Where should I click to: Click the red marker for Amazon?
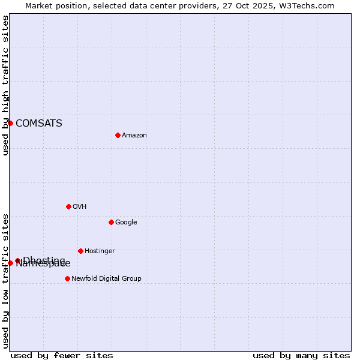click(118, 135)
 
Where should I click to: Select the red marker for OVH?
click(68, 206)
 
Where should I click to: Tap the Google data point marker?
click(111, 222)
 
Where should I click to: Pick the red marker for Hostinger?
click(80, 251)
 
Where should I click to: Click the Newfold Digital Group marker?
click(67, 278)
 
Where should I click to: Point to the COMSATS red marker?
click(10, 123)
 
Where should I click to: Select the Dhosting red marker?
click(17, 260)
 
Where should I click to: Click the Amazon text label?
click(134, 136)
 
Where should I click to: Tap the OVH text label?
click(80, 207)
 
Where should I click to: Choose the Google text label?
click(126, 223)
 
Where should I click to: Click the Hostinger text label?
click(100, 251)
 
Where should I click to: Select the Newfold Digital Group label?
click(106, 279)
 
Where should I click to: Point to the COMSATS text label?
click(39, 124)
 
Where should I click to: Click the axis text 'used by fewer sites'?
click(62, 355)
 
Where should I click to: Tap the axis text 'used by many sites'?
click(301, 355)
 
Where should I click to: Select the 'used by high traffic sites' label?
click(5, 85)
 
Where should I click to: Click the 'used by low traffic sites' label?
click(5, 281)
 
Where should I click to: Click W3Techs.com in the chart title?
click(308, 6)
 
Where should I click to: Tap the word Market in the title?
click(40, 6)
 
